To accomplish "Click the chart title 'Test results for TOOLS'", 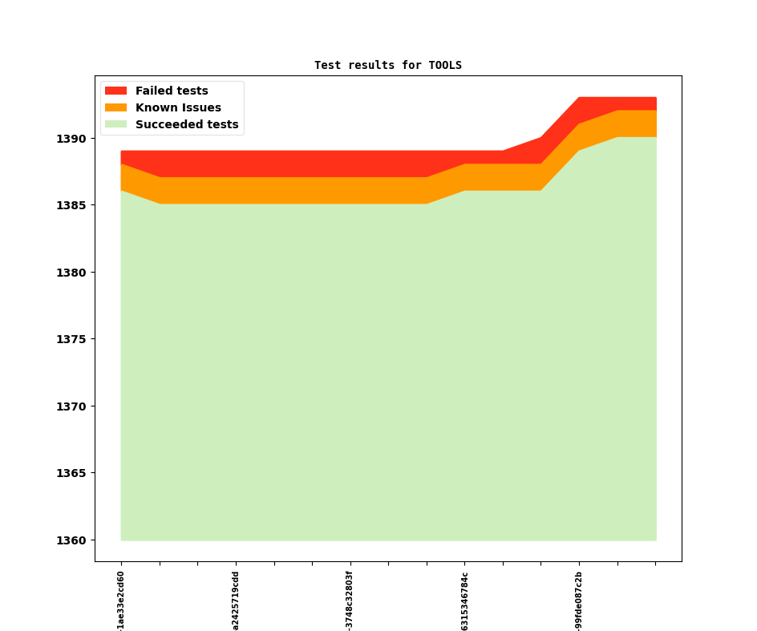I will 387,65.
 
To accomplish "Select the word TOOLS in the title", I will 445,65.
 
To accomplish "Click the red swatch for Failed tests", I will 115,91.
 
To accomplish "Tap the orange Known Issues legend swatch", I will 115,107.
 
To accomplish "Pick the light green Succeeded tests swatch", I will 115,124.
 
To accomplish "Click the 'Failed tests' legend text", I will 172,91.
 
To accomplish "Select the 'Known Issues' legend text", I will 178,107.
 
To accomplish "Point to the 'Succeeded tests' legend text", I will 187,124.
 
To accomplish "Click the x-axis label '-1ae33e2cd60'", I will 121,600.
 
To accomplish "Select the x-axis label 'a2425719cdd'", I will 236,600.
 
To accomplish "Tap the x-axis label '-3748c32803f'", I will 350,600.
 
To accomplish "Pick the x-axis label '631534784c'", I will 464,600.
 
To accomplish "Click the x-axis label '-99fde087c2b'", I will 579,600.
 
